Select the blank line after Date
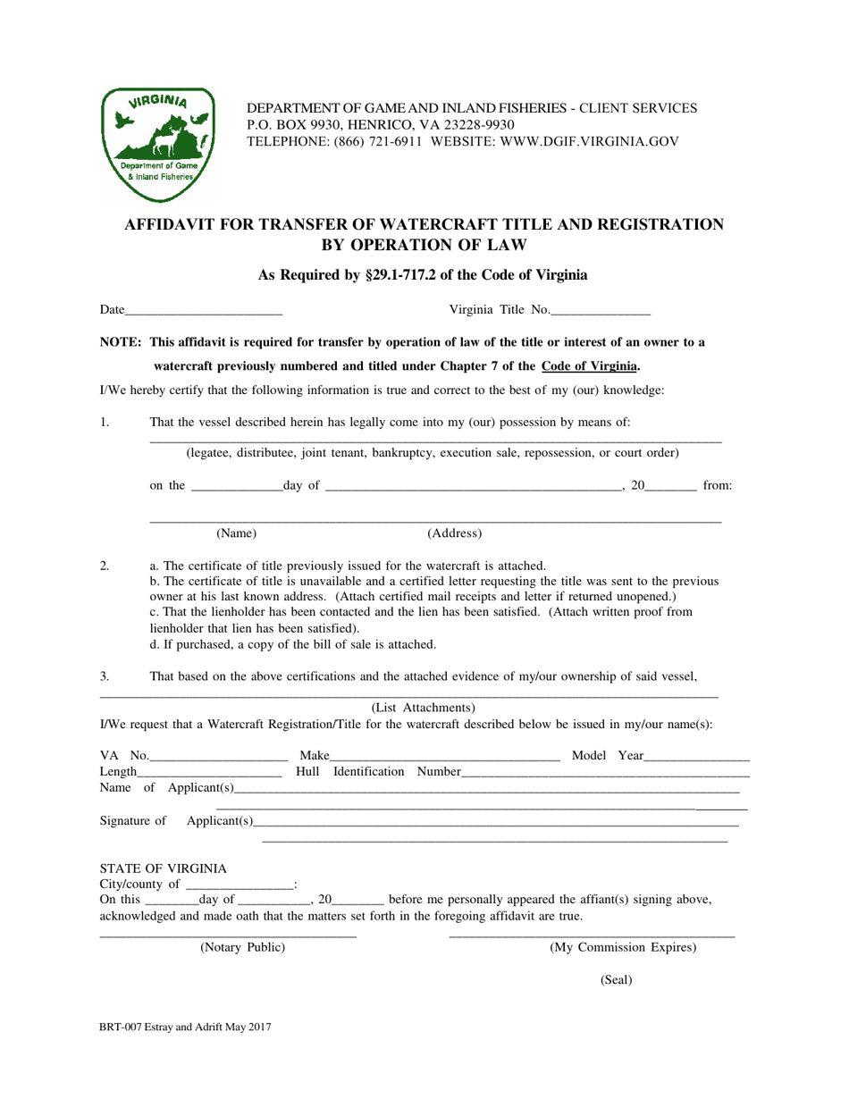coord(204,311)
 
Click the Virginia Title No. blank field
coord(601,311)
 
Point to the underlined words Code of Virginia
coord(590,365)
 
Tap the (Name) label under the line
coord(237,534)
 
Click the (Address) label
coord(455,534)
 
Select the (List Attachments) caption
coord(423,708)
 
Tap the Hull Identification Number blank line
coord(605,772)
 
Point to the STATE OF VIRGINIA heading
coord(163,868)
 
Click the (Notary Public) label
coord(242,947)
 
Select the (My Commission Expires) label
coord(623,947)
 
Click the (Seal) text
coord(616,980)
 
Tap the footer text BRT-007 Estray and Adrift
coord(184,1028)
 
